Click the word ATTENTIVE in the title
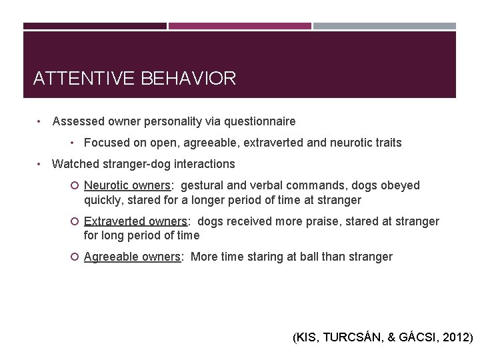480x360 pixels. pyautogui.click(x=85, y=79)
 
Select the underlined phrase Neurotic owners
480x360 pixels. pyautogui.click(x=127, y=185)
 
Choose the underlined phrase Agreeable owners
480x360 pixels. pyautogui.click(x=133, y=257)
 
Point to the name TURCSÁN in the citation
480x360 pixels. pyautogui.click(x=351, y=338)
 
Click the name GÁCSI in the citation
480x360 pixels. pyautogui.click(x=417, y=338)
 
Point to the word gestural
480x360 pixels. pyautogui.click(x=203, y=185)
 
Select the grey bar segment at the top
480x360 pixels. pyautogui.click(x=385, y=26)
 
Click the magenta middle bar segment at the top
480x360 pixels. pyautogui.click(x=239, y=26)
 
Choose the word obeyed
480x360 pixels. pyautogui.click(x=399, y=185)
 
